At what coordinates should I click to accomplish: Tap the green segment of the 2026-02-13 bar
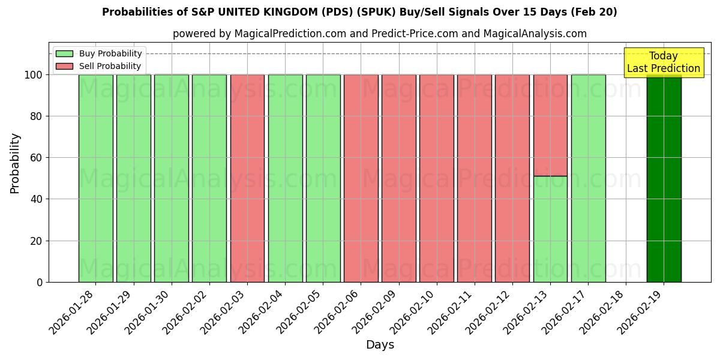(x=550, y=229)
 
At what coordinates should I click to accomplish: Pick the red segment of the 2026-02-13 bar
(x=550, y=125)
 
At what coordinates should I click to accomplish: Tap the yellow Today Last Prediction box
(x=664, y=62)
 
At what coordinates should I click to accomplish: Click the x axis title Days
(x=380, y=345)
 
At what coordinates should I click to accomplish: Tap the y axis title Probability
(x=15, y=163)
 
